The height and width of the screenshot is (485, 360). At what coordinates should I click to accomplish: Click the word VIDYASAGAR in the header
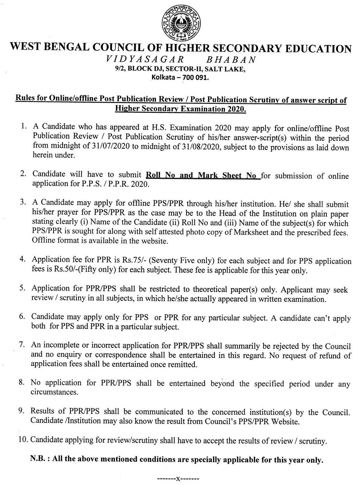[145, 59]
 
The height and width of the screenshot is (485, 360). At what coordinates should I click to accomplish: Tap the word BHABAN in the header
[231, 60]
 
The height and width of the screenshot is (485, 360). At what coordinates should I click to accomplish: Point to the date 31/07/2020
[111, 146]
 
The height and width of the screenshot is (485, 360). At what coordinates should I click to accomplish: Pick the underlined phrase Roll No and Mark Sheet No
[203, 175]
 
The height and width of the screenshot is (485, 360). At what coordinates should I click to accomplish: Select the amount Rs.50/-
[64, 269]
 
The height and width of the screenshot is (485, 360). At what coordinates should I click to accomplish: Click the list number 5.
[22, 288]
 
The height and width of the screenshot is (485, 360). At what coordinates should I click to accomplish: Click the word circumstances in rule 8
[54, 392]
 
